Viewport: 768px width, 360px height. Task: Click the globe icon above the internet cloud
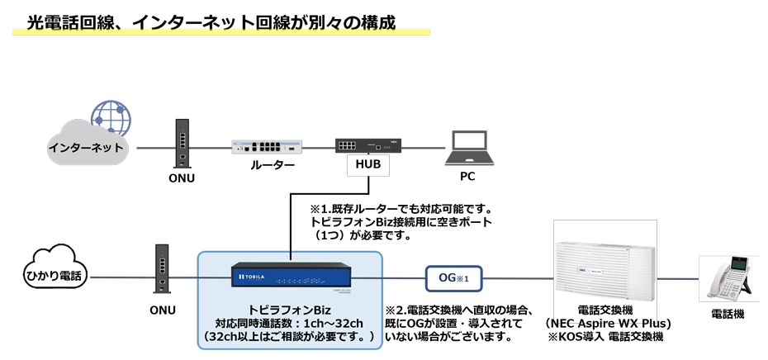[111, 119]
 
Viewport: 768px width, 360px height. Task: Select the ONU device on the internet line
[180, 144]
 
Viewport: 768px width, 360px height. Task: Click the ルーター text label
[273, 165]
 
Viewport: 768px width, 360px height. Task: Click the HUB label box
[367, 165]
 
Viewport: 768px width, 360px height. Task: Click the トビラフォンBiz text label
[290, 309]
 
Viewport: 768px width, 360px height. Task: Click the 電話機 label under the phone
[728, 315]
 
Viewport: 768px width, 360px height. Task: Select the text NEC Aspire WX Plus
[609, 323]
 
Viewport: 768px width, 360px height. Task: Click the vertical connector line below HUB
[291, 223]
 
